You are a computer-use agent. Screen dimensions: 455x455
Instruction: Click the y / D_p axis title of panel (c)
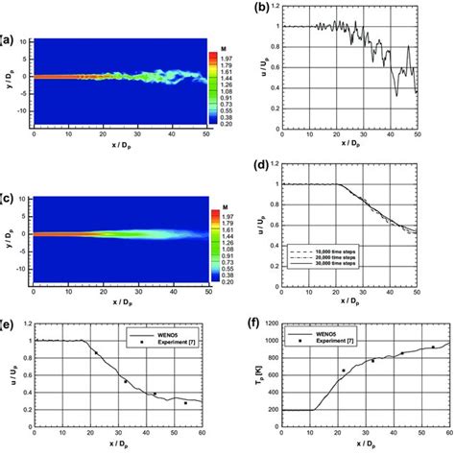tap(7, 234)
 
